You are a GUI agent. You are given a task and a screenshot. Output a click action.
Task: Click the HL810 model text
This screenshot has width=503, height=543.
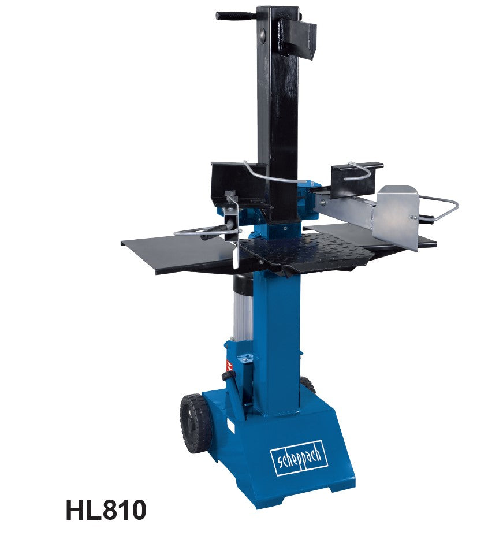point(106,510)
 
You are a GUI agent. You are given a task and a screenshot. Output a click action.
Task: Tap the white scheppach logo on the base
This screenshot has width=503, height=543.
point(299,458)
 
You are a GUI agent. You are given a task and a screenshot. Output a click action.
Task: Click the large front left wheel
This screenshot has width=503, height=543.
point(196,422)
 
